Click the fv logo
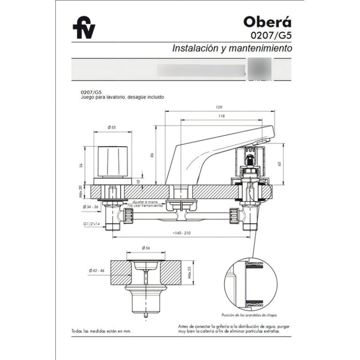(x=84, y=30)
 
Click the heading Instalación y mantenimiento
(x=232, y=48)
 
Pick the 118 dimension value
(x=221, y=116)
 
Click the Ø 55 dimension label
(x=112, y=127)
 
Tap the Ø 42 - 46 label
(x=97, y=271)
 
